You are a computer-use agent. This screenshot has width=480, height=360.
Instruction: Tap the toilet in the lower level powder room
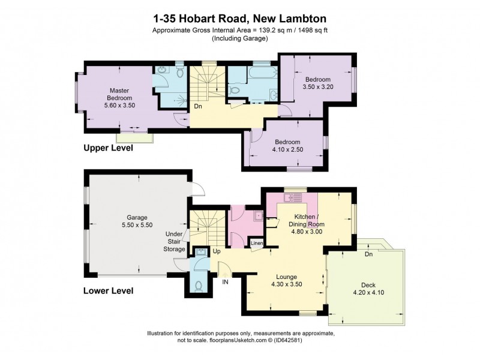tap(199, 286)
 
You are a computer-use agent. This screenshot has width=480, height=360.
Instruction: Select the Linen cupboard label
tap(256, 243)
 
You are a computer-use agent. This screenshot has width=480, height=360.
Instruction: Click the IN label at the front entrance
tap(226, 281)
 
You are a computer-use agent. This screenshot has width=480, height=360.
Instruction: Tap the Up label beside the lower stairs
tap(216, 251)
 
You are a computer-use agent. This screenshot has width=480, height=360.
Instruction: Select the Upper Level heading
tap(108, 148)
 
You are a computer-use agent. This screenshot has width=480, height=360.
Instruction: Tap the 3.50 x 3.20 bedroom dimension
tap(317, 87)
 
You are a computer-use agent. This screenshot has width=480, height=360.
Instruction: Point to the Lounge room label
tap(284, 277)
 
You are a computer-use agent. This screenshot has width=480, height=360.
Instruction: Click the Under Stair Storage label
tap(175, 241)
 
